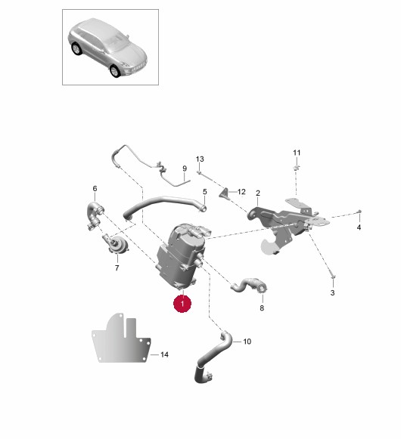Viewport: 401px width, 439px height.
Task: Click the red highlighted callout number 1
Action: [x=182, y=304]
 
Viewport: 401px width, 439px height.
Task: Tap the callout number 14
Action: [x=164, y=354]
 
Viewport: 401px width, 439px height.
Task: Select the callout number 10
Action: [x=247, y=342]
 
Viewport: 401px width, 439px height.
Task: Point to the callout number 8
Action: [x=262, y=308]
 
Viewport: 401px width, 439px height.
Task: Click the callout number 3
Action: [x=332, y=293]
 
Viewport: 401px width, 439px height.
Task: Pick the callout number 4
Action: [x=359, y=227]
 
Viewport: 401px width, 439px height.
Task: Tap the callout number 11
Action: [x=297, y=153]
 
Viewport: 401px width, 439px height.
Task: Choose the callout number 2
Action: [x=258, y=193]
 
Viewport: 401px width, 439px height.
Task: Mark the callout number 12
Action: [x=241, y=192]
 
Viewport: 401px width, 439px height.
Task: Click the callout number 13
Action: [x=200, y=159]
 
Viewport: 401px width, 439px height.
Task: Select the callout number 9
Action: [x=185, y=168]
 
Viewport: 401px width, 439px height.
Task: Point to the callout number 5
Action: [x=205, y=192]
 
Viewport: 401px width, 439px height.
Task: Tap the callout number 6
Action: [x=95, y=189]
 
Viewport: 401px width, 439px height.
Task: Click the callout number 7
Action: [x=117, y=268]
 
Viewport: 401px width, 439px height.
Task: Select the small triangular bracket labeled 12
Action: [x=225, y=194]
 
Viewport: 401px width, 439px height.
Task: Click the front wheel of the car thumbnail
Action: [x=114, y=71]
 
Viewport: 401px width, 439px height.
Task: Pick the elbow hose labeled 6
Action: [x=95, y=215]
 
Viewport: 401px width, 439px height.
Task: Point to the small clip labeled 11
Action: [x=297, y=168]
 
